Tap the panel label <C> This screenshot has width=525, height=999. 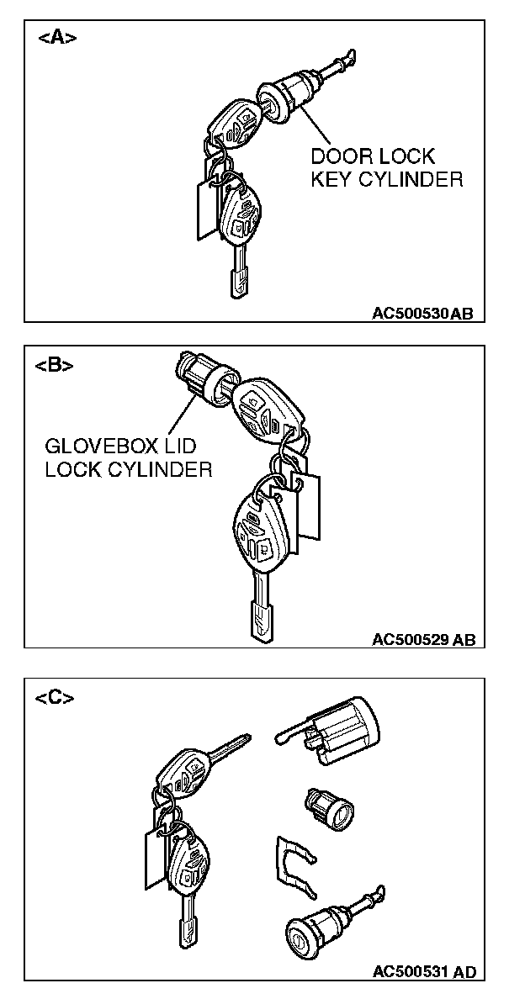(55, 698)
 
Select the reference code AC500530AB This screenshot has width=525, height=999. (423, 314)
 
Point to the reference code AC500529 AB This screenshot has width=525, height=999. (424, 640)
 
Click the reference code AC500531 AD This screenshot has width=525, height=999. (424, 972)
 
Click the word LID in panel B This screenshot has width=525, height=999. (181, 446)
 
